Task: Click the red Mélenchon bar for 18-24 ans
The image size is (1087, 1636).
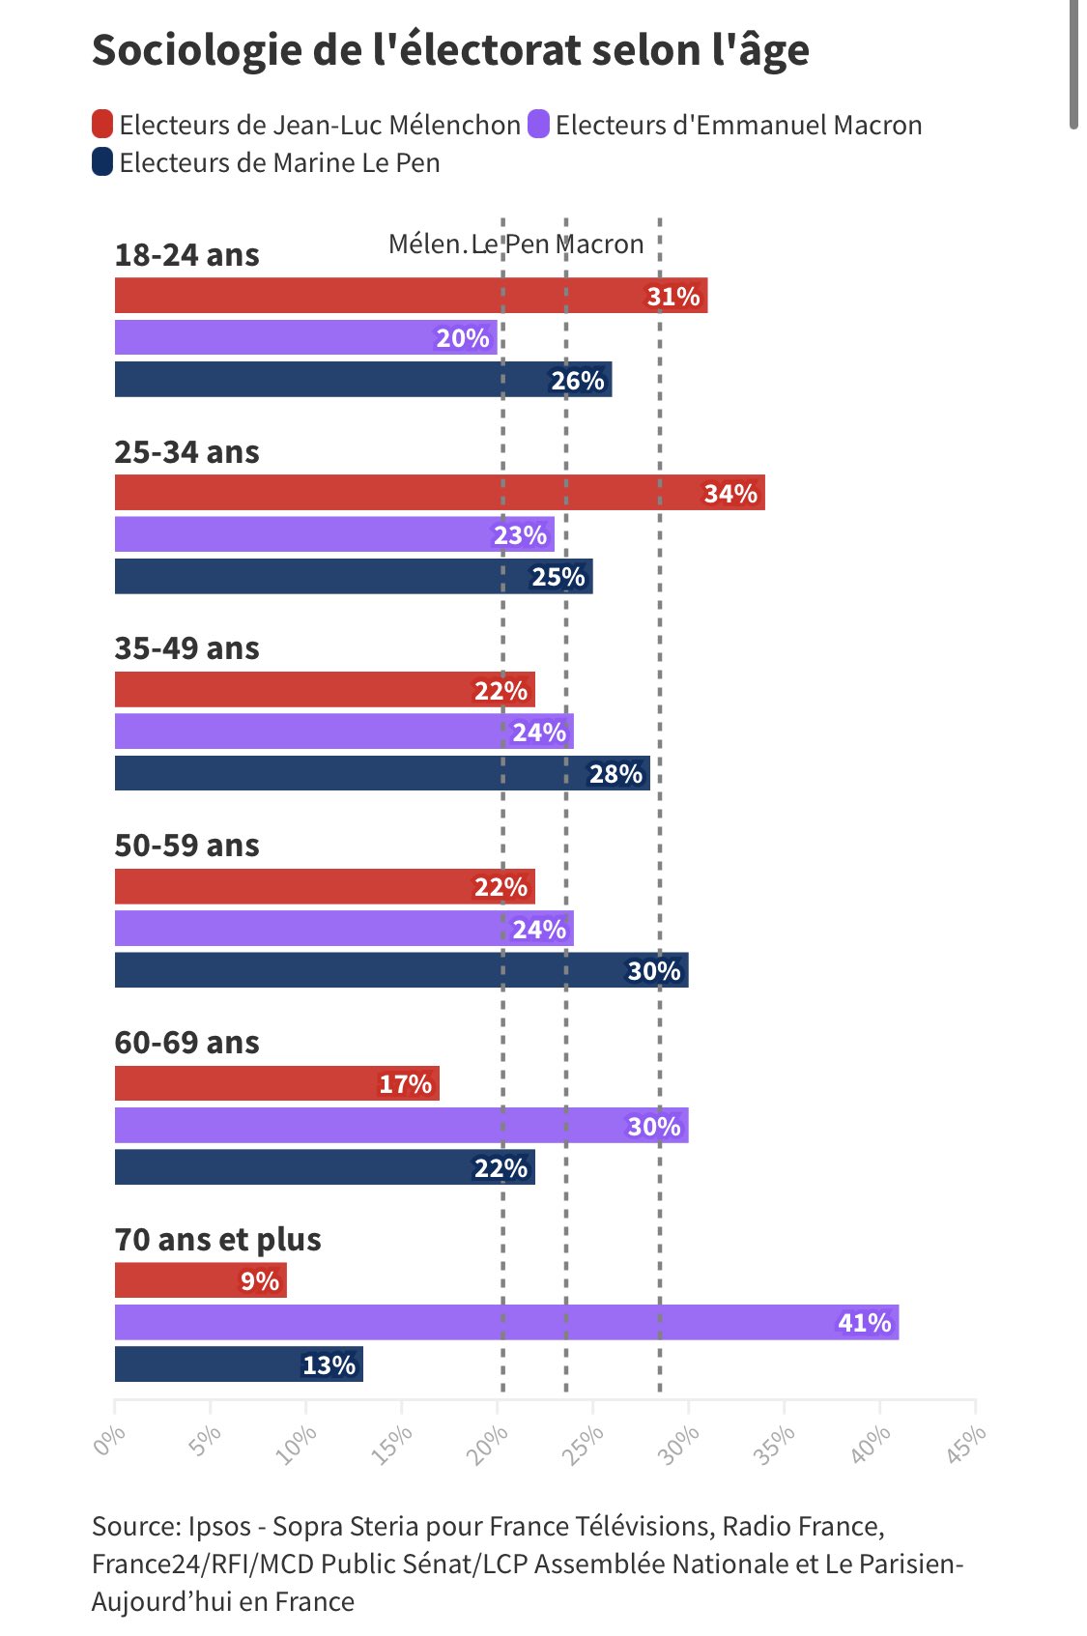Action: (x=411, y=296)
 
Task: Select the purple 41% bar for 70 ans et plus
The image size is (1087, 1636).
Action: (x=506, y=1322)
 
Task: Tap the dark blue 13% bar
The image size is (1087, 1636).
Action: (x=239, y=1364)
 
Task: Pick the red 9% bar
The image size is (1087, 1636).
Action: (x=200, y=1280)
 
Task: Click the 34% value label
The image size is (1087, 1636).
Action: (x=730, y=494)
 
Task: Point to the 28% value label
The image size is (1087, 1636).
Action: (x=615, y=774)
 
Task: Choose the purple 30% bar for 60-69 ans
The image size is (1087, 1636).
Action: (x=401, y=1126)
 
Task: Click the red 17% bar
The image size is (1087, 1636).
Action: (x=276, y=1083)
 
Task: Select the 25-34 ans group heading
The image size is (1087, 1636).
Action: (x=187, y=452)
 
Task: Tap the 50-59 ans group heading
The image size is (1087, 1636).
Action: (x=187, y=846)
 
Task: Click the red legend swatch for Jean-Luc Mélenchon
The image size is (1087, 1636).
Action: (x=102, y=125)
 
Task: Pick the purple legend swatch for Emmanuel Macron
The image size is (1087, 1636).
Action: (x=539, y=125)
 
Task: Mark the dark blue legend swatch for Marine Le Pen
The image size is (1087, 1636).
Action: (x=102, y=162)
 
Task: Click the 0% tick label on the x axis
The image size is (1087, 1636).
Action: (x=109, y=1441)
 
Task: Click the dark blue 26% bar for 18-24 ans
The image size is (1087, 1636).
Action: (x=362, y=380)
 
